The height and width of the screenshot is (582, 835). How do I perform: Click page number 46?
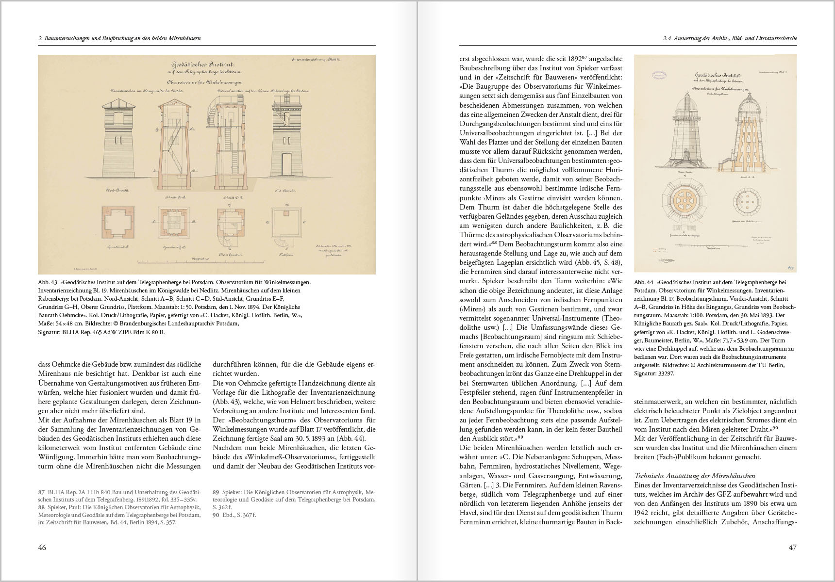42,548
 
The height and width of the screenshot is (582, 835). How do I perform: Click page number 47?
792,548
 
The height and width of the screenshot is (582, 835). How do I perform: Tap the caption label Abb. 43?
48,282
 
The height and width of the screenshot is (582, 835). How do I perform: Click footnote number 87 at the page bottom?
42,492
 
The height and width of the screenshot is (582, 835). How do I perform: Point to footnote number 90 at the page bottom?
217,515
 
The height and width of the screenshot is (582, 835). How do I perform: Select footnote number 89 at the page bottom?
217,492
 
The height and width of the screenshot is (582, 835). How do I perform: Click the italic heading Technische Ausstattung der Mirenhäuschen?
695,476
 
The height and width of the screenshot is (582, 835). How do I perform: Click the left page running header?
119,38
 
